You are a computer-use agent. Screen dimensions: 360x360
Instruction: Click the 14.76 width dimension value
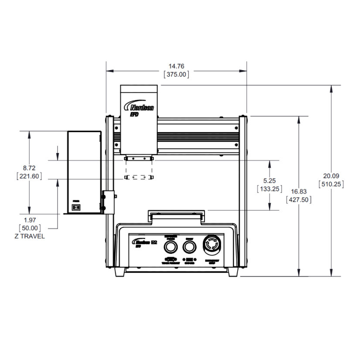pyautogui.click(x=177, y=66)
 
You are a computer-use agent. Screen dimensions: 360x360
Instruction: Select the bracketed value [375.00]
pyautogui.click(x=177, y=75)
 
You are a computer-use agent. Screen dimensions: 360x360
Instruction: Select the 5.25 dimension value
pyautogui.click(x=270, y=180)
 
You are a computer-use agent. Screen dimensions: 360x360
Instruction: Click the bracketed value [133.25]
pyautogui.click(x=270, y=189)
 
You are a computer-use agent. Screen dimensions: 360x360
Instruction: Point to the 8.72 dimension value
pyautogui.click(x=29, y=167)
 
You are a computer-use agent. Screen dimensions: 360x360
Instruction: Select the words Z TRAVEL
pyautogui.click(x=29, y=236)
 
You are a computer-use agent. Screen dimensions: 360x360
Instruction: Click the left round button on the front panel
pyautogui.click(x=170, y=247)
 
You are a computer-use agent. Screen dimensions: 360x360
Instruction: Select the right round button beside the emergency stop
pyautogui.click(x=189, y=247)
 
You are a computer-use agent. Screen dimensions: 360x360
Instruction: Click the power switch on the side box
pyautogui.click(x=76, y=207)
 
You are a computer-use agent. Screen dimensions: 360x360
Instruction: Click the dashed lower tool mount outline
pyautogui.click(x=139, y=177)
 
